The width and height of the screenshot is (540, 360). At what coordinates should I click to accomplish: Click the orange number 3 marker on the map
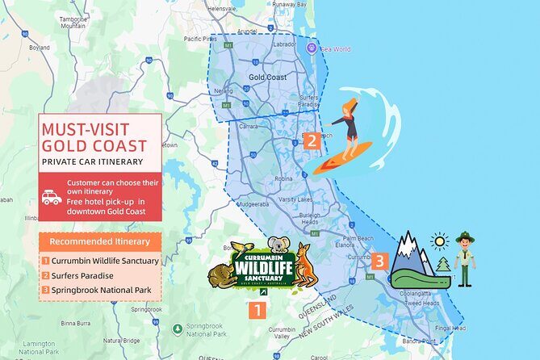(x=379, y=261)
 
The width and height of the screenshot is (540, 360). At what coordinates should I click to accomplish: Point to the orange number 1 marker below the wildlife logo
(x=257, y=308)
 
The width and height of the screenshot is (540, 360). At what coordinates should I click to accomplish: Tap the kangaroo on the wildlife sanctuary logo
(x=304, y=264)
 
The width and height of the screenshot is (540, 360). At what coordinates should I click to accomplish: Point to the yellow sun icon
(x=439, y=241)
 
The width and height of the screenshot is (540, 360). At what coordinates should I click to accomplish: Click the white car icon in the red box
(x=52, y=198)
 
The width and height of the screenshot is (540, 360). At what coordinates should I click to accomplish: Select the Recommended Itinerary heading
(x=99, y=241)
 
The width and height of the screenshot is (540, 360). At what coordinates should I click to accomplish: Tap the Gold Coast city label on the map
(x=268, y=77)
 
